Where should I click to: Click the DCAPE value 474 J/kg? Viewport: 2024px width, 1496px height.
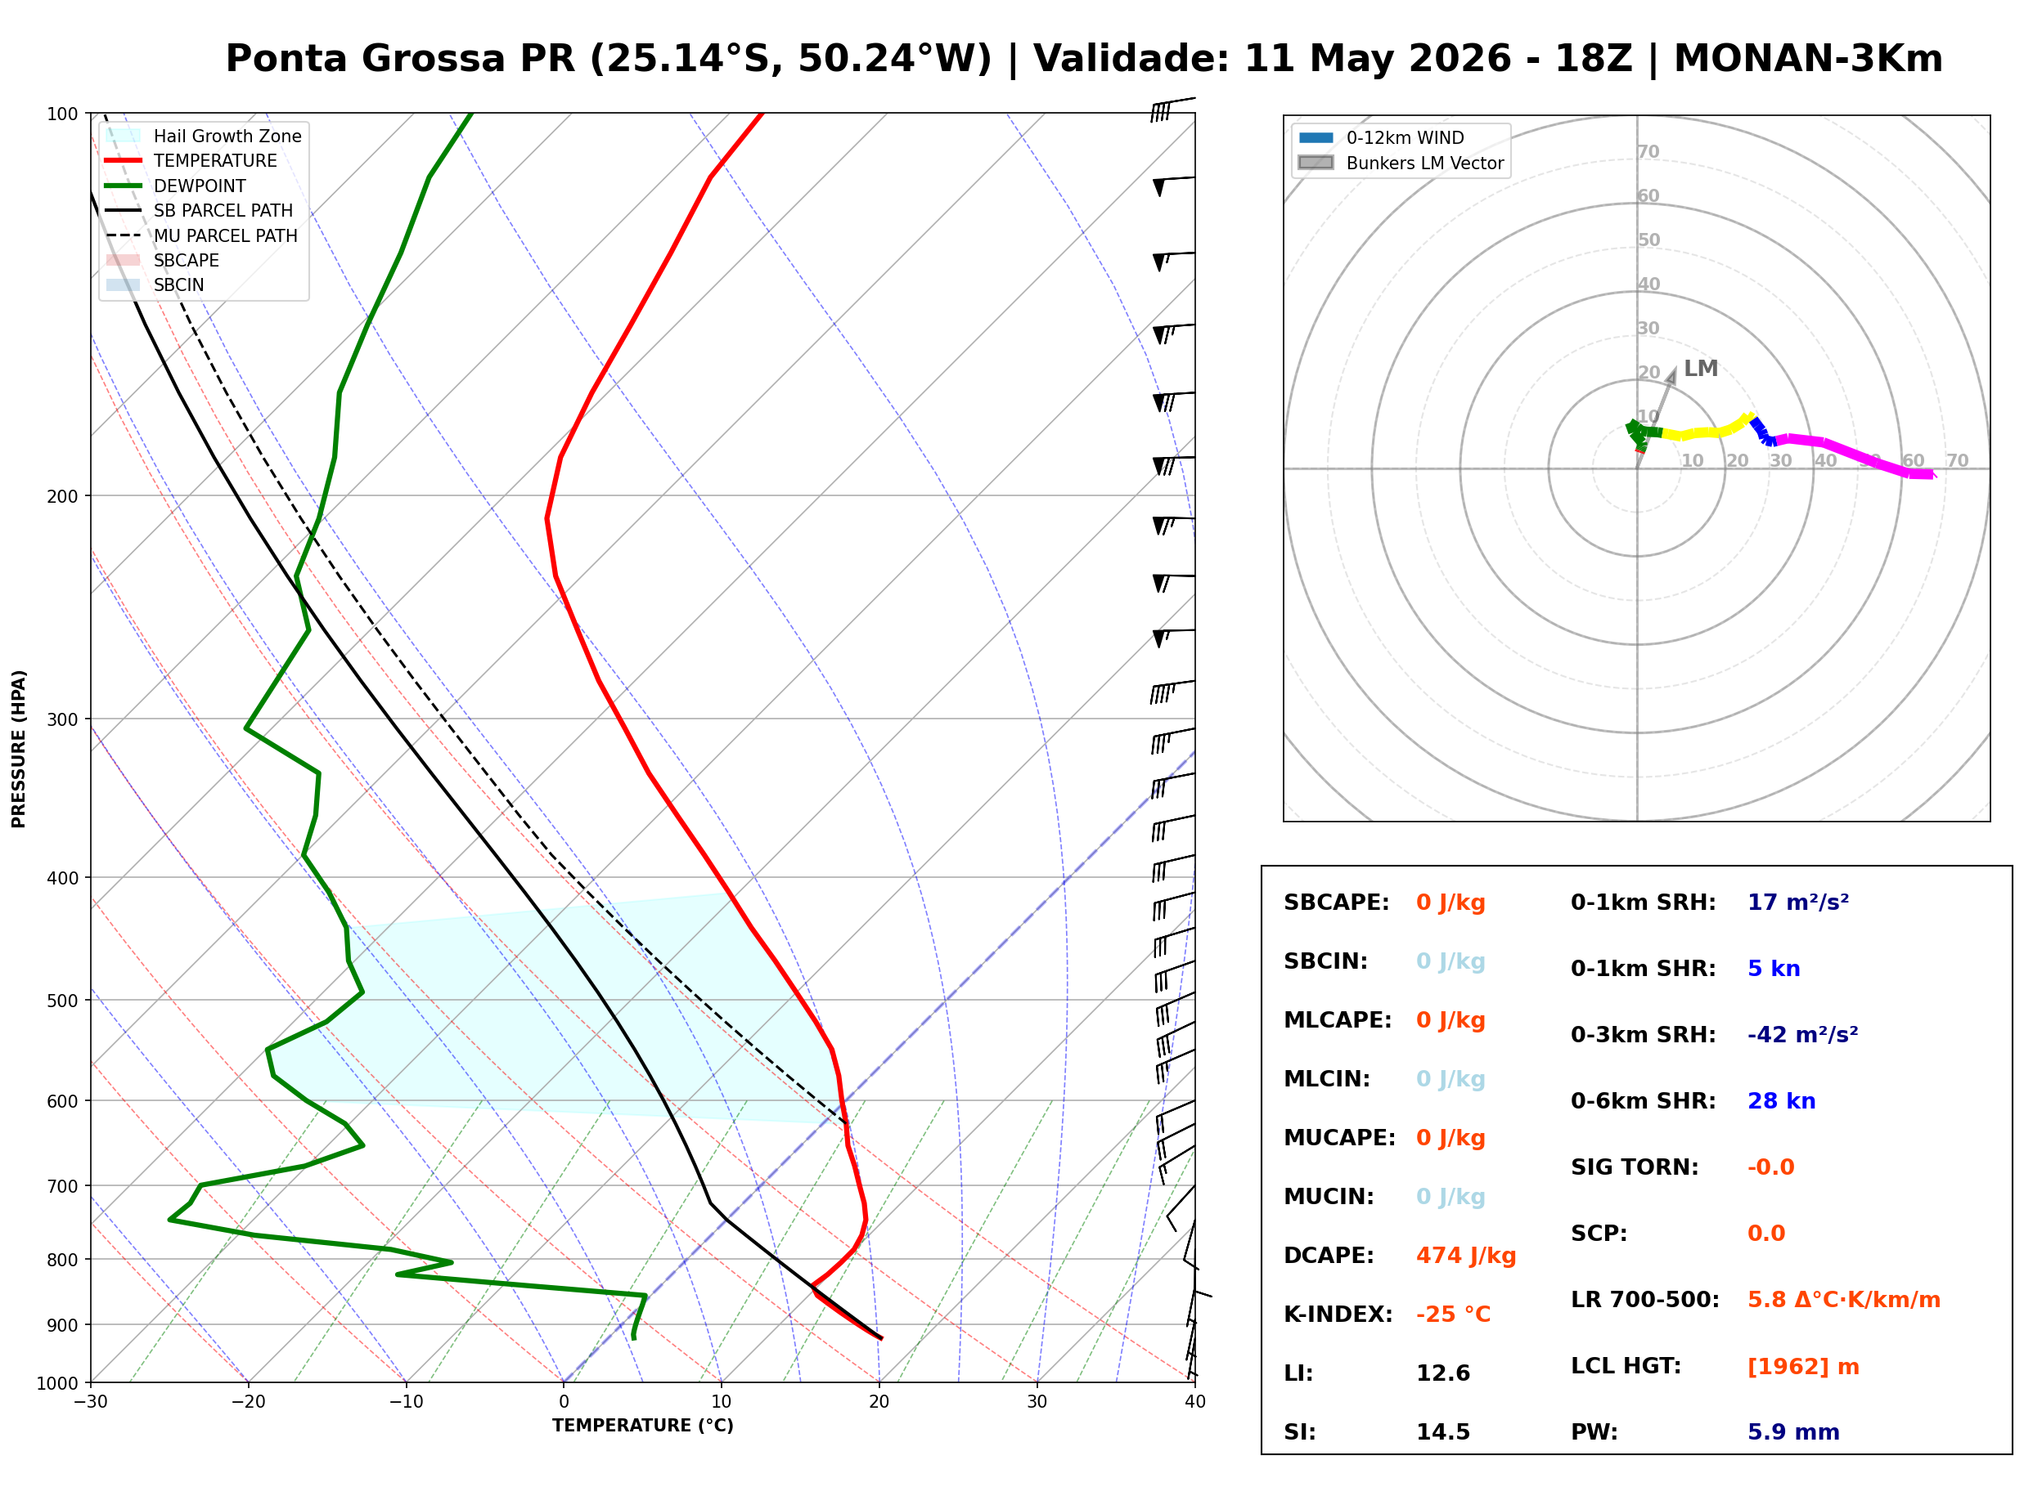click(1465, 1255)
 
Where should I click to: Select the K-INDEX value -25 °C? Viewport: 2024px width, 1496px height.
click(1452, 1314)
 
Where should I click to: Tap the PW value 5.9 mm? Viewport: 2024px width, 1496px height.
click(1793, 1431)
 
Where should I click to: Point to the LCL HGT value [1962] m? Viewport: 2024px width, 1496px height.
click(1803, 1367)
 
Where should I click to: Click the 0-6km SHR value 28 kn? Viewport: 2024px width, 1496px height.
click(1781, 1101)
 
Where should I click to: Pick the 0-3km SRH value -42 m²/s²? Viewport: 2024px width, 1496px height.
click(1802, 1034)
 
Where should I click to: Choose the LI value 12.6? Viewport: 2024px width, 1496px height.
click(1442, 1373)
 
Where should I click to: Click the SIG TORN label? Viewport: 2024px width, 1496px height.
click(1635, 1167)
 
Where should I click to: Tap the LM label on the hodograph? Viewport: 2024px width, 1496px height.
click(1701, 369)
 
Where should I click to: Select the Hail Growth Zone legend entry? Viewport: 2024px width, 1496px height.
click(204, 136)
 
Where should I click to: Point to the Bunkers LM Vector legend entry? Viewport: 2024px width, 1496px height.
click(1401, 163)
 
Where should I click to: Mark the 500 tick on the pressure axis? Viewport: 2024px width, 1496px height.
click(61, 1001)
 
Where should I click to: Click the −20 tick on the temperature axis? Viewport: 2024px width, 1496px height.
click(248, 1402)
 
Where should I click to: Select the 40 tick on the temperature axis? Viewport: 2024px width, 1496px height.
click(1195, 1402)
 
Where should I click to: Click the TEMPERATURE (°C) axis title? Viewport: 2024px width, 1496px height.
click(643, 1426)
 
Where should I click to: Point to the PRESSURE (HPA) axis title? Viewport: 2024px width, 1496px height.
click(18, 749)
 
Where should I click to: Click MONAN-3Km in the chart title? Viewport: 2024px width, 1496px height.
click(1808, 59)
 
